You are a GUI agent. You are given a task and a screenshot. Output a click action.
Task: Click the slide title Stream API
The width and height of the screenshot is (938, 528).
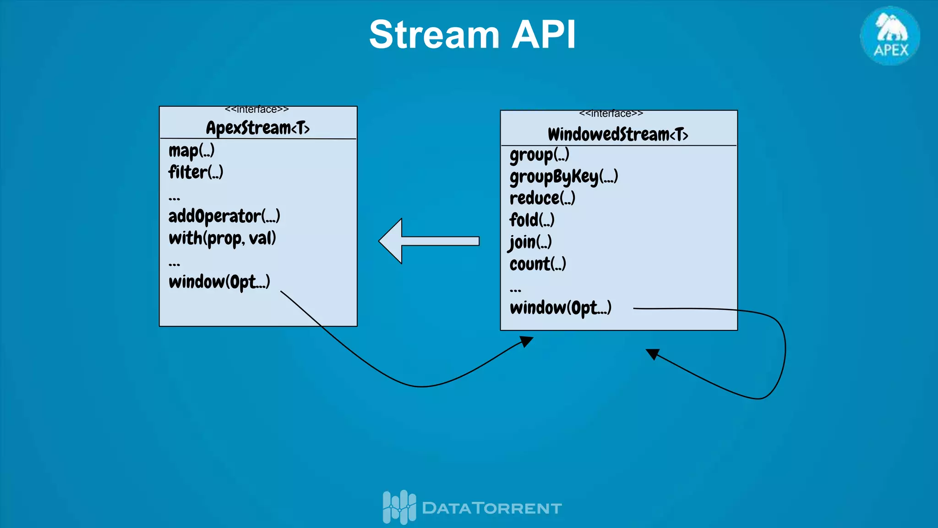click(x=472, y=35)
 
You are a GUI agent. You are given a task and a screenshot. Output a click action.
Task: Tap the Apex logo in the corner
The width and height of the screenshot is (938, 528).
click(x=890, y=36)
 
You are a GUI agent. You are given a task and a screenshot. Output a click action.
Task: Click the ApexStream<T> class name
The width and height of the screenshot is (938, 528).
click(x=257, y=128)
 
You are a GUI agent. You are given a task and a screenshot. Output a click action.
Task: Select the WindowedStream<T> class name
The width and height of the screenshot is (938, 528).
click(x=618, y=134)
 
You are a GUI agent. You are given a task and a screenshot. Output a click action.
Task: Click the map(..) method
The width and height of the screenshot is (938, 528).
click(x=191, y=151)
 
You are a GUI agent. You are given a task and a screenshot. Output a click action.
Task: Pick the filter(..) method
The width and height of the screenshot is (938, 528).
click(x=196, y=172)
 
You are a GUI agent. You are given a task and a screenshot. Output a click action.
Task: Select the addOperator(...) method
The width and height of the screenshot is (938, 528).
click(x=224, y=216)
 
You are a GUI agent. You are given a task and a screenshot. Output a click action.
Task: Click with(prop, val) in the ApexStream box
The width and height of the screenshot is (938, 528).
click(x=222, y=238)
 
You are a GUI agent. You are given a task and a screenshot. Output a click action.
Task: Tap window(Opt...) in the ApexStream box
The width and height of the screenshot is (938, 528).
click(x=219, y=282)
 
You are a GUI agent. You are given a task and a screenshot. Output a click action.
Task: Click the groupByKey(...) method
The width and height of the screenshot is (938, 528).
click(x=564, y=177)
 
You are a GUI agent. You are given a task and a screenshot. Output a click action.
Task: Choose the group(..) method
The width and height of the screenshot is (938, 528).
click(x=539, y=155)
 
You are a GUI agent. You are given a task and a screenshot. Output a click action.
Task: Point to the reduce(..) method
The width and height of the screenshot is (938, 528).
click(x=542, y=198)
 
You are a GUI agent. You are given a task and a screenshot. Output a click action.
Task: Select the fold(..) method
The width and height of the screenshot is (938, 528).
click(x=532, y=220)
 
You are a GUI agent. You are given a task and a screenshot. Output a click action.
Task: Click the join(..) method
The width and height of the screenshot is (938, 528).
click(x=530, y=242)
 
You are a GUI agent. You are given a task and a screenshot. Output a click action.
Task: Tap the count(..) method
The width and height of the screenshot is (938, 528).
click(x=538, y=264)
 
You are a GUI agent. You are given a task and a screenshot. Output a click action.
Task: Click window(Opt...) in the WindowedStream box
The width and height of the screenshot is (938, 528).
click(x=561, y=308)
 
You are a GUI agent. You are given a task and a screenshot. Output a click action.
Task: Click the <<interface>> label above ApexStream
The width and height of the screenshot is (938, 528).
click(x=256, y=110)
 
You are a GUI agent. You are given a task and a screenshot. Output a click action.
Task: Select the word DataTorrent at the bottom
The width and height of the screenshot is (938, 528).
click(x=491, y=508)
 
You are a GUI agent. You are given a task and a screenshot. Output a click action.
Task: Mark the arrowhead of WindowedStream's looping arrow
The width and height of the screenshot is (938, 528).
click(x=653, y=354)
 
